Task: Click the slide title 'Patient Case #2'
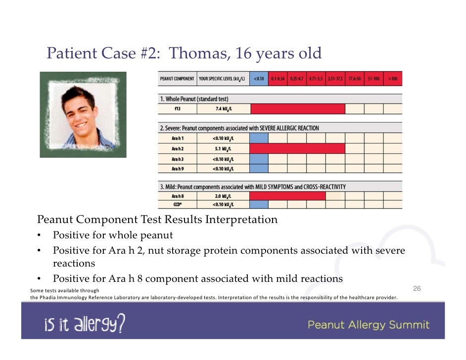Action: pyautogui.click(x=184, y=53)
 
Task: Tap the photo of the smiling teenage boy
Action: pyautogui.click(x=83, y=114)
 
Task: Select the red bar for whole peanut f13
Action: pyautogui.click(x=297, y=109)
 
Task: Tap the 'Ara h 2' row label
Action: pyautogui.click(x=177, y=148)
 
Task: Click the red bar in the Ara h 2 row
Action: pyautogui.click(x=297, y=148)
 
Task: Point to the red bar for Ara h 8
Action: pyautogui.click(x=287, y=196)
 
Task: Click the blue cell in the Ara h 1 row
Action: pyautogui.click(x=259, y=138)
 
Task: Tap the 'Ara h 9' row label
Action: pyautogui.click(x=177, y=168)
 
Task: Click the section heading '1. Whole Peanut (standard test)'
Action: pyautogui.click(x=194, y=99)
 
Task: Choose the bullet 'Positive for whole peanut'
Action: pyautogui.click(x=113, y=235)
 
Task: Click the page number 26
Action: pyautogui.click(x=417, y=288)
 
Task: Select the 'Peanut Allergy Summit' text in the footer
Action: pyautogui.click(x=369, y=325)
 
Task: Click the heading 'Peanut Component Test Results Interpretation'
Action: pyautogui.click(x=157, y=219)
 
